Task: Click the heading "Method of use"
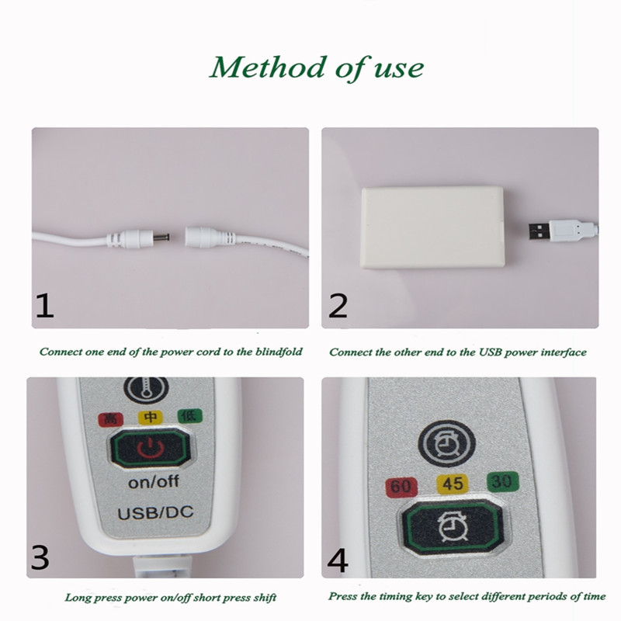[317, 68]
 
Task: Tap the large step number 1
[44, 306]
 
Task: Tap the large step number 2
[338, 306]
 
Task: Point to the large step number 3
[40, 557]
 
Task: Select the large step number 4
[338, 560]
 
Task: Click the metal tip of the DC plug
[162, 238]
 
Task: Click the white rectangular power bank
[432, 227]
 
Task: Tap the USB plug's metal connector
[539, 231]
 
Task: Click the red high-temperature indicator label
[110, 418]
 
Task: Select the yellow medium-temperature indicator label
[150, 417]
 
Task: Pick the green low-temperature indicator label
[190, 415]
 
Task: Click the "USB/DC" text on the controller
[156, 513]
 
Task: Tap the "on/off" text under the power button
[154, 481]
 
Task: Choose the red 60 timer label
[401, 487]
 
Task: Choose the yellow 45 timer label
[453, 484]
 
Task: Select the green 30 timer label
[502, 481]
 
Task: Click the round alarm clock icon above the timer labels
[447, 442]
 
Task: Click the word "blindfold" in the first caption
[279, 352]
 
